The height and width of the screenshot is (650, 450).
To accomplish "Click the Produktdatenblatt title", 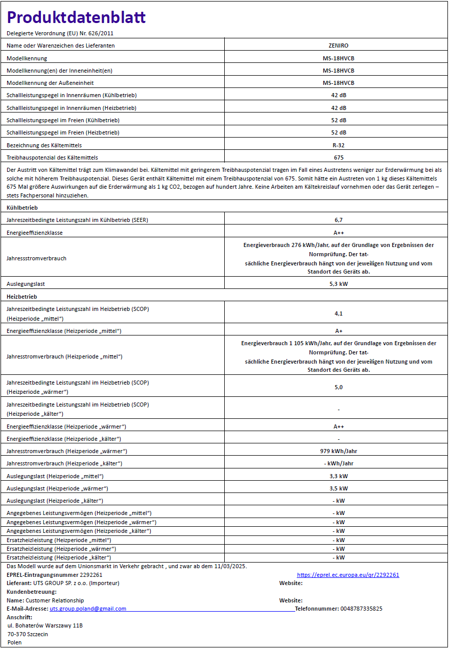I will (x=76, y=17).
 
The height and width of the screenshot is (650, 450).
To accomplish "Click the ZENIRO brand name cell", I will (x=338, y=46).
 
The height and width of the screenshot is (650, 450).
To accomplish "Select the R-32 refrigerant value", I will (x=338, y=145).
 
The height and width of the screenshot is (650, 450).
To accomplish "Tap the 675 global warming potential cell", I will (x=338, y=158).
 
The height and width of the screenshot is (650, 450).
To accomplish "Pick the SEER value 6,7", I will (x=338, y=220).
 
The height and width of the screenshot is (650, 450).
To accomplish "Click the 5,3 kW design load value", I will (x=338, y=283).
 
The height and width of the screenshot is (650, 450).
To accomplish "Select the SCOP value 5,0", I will (x=338, y=387).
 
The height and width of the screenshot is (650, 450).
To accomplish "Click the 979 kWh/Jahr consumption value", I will (x=338, y=451).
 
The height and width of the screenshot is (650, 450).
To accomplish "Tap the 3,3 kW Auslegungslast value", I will (x=338, y=476).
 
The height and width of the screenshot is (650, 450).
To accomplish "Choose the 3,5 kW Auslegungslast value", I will (x=338, y=488).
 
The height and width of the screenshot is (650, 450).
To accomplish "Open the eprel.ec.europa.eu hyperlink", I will (x=348, y=575).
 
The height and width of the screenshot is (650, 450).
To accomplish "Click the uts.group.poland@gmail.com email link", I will (x=88, y=609).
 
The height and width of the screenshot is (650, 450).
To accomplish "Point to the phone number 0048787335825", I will (x=361, y=609).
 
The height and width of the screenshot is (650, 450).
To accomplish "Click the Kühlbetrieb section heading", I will (x=22, y=208).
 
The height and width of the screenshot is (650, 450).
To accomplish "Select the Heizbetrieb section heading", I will (x=21, y=297).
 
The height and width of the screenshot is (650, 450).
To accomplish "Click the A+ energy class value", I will (x=338, y=331).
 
